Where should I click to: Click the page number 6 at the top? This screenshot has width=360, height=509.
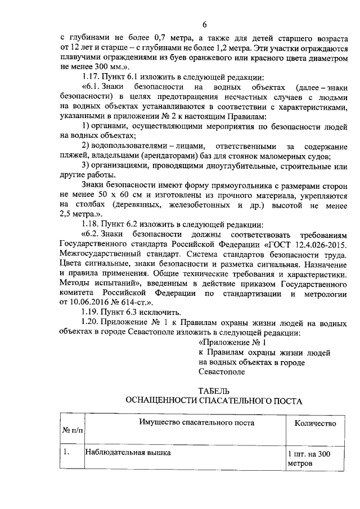click(205, 25)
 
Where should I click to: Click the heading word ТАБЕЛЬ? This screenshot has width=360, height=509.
click(214, 390)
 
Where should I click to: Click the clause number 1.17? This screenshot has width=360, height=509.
click(91, 76)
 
